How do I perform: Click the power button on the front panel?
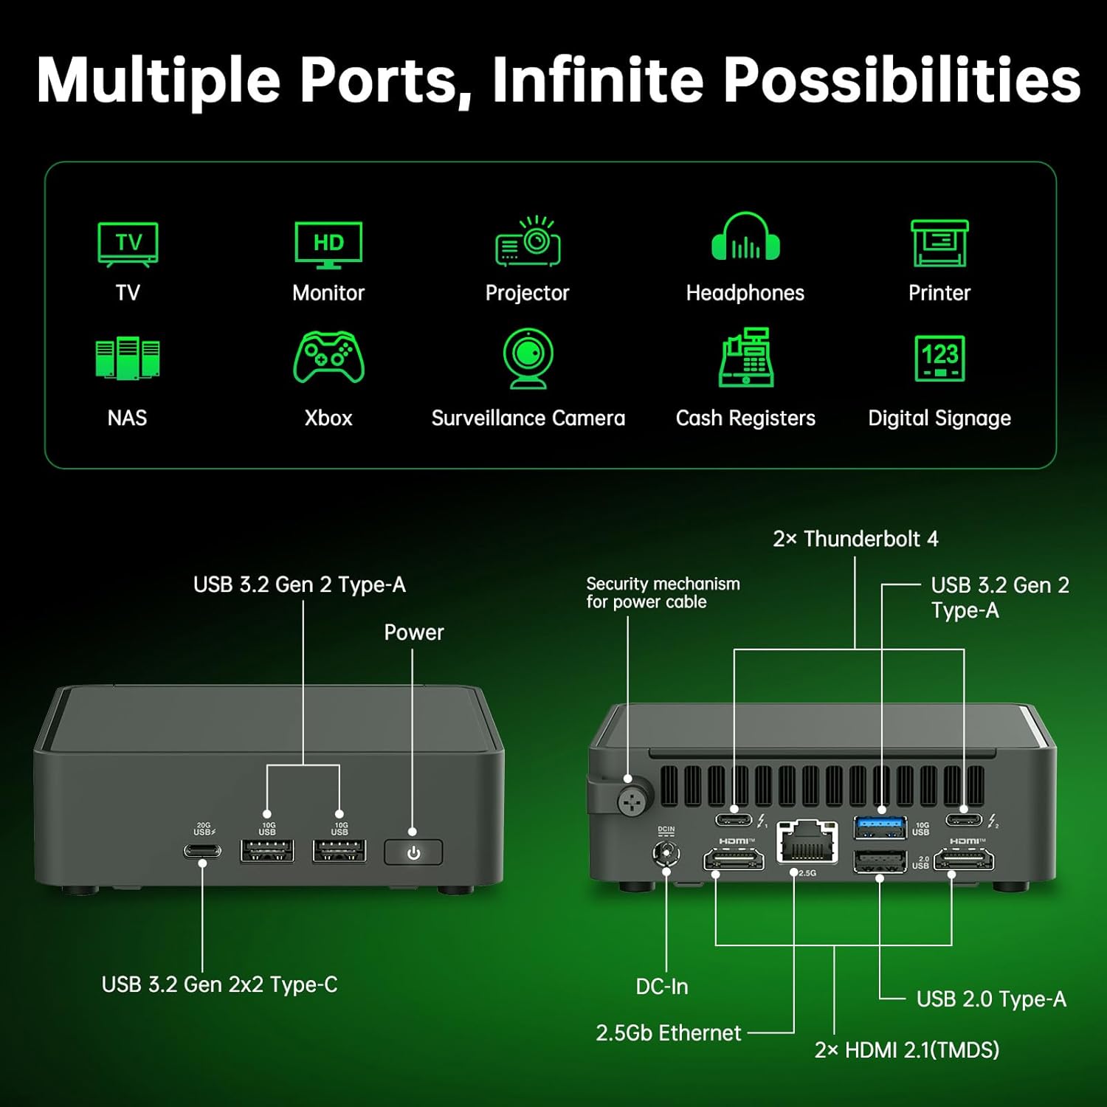click(413, 852)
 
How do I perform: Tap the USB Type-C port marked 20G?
click(202, 851)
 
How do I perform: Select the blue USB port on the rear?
click(880, 827)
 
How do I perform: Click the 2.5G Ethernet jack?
click(807, 842)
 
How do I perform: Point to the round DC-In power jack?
click(666, 854)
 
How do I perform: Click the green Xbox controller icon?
click(328, 358)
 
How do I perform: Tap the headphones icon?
click(745, 238)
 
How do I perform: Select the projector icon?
click(528, 241)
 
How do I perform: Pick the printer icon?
click(939, 243)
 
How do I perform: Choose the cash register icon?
click(745, 358)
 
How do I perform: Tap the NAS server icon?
click(127, 359)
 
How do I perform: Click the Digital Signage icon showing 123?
click(939, 358)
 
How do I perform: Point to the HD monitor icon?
click(328, 244)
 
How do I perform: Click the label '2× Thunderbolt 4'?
click(855, 539)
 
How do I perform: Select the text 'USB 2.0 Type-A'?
click(991, 999)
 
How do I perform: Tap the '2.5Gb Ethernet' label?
click(668, 1033)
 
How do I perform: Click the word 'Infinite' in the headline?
click(598, 80)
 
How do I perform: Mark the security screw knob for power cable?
click(632, 801)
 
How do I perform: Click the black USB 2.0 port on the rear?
click(880, 861)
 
